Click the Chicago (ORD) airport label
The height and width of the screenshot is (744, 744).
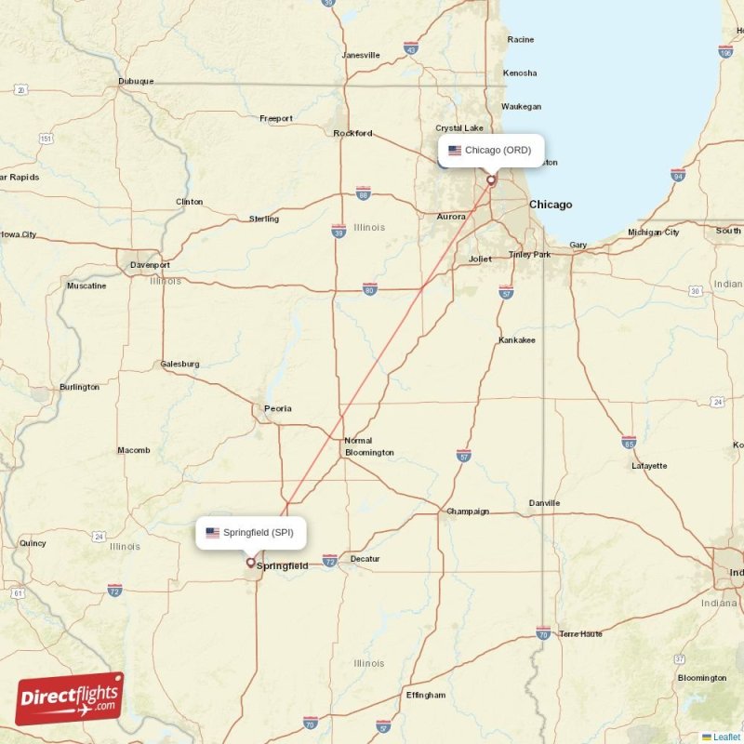(490, 151)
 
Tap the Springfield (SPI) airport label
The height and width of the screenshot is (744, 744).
(251, 533)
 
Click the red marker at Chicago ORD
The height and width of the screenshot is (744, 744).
(491, 180)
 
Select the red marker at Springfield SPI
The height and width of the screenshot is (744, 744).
(250, 562)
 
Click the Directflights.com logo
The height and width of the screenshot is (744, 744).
(70, 698)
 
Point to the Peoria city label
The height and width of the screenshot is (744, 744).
(277, 408)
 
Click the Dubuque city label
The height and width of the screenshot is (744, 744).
(136, 81)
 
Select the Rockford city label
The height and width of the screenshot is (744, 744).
(352, 133)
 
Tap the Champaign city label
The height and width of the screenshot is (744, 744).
(468, 511)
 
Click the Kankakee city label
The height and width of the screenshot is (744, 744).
(517, 340)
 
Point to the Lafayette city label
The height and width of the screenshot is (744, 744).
(648, 466)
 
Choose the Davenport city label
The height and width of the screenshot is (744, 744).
(150, 265)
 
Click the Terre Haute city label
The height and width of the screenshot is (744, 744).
(581, 634)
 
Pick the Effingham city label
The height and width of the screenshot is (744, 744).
(426, 695)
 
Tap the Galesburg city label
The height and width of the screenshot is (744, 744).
(179, 365)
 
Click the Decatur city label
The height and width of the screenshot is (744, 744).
(365, 559)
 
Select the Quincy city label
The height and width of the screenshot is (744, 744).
(33, 543)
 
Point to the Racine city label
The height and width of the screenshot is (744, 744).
(521, 39)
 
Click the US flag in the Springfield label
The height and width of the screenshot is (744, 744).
(213, 533)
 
